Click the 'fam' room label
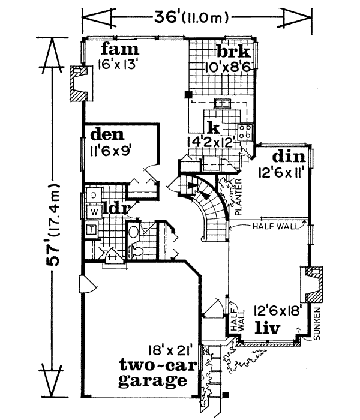120,49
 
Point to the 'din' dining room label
289,157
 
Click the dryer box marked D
94,195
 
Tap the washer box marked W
94,211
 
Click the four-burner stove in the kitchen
245,132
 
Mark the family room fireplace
77,83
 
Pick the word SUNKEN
318,324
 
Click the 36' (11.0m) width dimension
196,14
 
